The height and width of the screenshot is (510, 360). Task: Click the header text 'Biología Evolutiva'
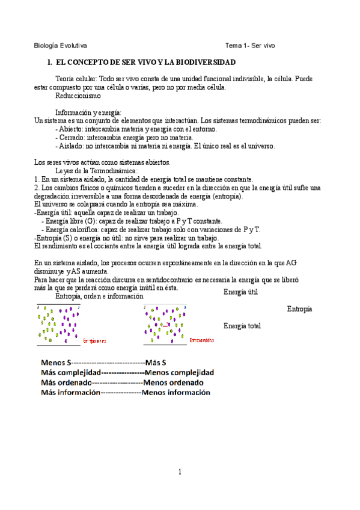(x=60, y=46)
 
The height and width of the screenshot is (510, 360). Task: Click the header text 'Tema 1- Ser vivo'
(x=250, y=46)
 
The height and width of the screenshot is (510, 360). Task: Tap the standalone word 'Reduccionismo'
(x=78, y=96)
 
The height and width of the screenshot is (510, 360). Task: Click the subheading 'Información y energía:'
(x=88, y=112)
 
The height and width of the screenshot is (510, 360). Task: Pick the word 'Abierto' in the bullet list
(x=72, y=129)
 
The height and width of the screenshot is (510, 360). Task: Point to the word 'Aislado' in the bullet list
(x=71, y=146)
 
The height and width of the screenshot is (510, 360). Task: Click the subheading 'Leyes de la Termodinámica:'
(x=96, y=171)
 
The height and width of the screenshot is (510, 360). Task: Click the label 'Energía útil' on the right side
(x=240, y=292)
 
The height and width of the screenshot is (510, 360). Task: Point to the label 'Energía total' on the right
(x=242, y=326)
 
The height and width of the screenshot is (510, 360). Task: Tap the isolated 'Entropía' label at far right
(x=299, y=309)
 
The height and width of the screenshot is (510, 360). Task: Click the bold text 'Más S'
(x=156, y=363)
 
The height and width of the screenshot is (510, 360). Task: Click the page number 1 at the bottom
(x=180, y=472)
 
